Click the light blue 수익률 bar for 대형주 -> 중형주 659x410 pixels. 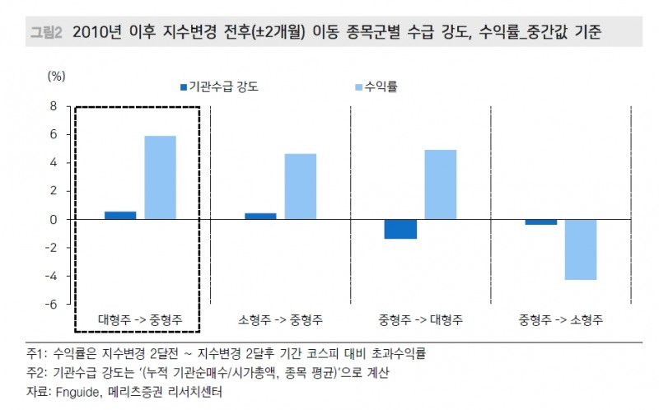click(160, 177)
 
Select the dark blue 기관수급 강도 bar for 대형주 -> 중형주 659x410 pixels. click(120, 215)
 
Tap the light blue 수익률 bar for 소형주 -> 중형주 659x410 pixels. click(300, 186)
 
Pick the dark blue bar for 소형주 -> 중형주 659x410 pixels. click(260, 216)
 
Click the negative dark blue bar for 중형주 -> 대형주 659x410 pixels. click(400, 229)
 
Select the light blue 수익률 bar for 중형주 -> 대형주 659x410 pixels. click(440, 184)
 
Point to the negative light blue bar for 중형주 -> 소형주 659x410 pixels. click(580, 249)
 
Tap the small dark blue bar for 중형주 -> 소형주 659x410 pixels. click(540, 222)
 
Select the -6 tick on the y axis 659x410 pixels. click(51, 305)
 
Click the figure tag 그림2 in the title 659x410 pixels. click(47, 34)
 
